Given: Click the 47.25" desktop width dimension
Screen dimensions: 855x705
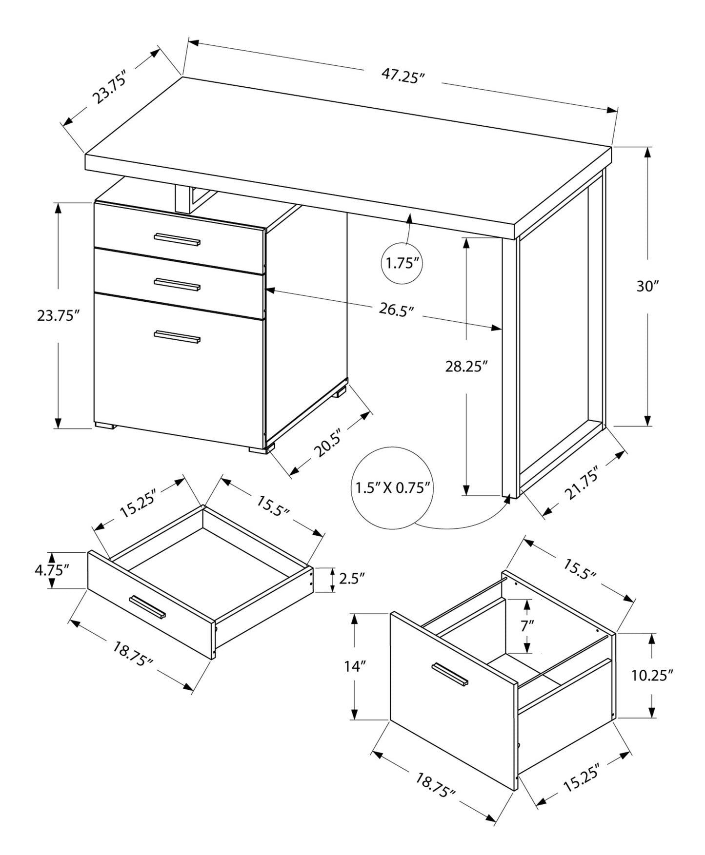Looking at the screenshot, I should pyautogui.click(x=403, y=77).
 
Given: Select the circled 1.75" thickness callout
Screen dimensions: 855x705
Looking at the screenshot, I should pyautogui.click(x=403, y=264).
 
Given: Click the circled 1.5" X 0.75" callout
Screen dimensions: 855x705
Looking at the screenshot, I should pyautogui.click(x=392, y=487).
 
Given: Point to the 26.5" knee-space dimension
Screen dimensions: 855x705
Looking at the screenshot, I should pyautogui.click(x=396, y=310).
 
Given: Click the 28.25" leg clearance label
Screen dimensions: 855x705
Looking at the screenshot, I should pyautogui.click(x=466, y=366).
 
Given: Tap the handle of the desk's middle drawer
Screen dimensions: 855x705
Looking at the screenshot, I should pyautogui.click(x=177, y=284).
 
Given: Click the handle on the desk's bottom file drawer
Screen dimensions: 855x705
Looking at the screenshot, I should pyautogui.click(x=177, y=336).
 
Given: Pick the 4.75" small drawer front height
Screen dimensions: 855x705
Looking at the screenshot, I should pyautogui.click(x=52, y=569).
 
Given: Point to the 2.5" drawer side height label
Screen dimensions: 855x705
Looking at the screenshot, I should pyautogui.click(x=352, y=579).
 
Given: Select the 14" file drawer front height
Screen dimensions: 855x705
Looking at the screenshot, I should pyautogui.click(x=355, y=666).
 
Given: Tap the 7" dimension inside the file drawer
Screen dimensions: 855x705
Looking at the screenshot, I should pyautogui.click(x=527, y=625).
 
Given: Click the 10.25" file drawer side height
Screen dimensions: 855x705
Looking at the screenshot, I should pyautogui.click(x=652, y=675).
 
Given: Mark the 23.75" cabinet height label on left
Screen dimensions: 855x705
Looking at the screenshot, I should pyautogui.click(x=58, y=315).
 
